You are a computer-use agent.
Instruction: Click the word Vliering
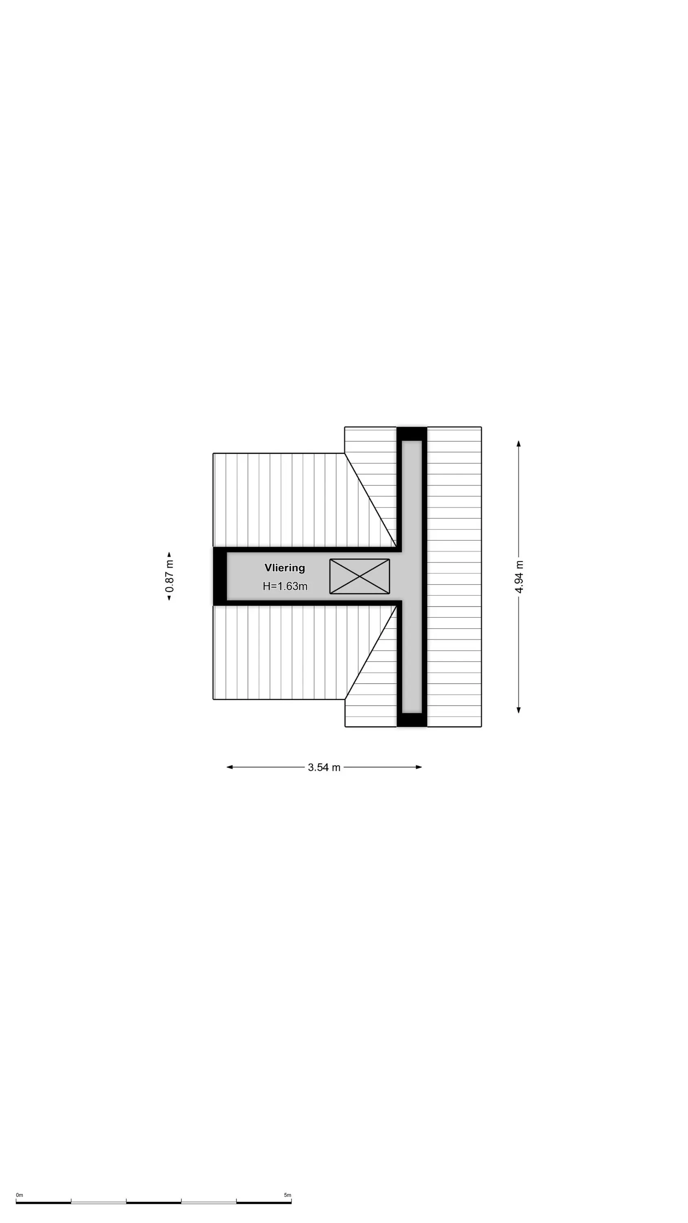pyautogui.click(x=284, y=568)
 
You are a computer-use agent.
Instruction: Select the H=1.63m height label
pyautogui.click(x=285, y=586)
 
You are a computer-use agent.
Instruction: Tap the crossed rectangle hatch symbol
pyautogui.click(x=359, y=576)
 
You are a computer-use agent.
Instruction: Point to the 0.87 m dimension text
pyautogui.click(x=170, y=576)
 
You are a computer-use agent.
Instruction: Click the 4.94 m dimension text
pyautogui.click(x=519, y=577)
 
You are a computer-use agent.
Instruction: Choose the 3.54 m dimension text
pyautogui.click(x=324, y=767)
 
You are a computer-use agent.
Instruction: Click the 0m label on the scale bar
pyautogui.click(x=20, y=1195)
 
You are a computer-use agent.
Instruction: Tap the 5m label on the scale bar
pyautogui.click(x=288, y=1195)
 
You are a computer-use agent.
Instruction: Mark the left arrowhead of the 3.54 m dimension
pyautogui.click(x=229, y=767)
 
